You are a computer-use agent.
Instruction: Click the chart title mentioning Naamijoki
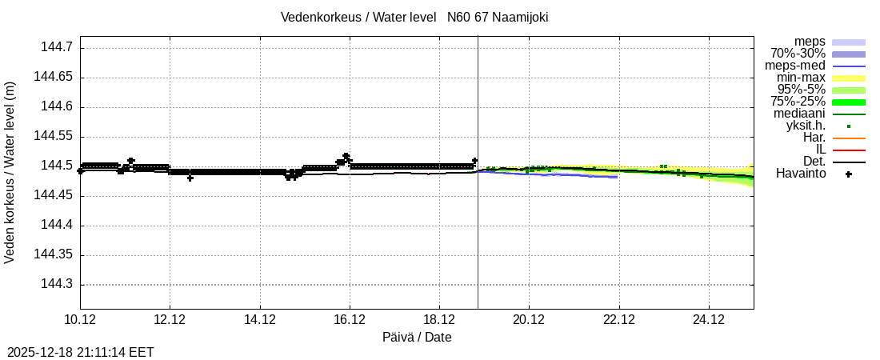click(414, 17)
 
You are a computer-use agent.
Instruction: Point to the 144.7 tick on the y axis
click(57, 48)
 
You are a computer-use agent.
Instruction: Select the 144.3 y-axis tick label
click(57, 284)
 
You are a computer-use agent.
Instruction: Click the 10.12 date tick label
click(79, 320)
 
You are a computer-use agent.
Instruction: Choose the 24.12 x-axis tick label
click(708, 320)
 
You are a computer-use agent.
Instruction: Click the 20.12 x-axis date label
click(528, 320)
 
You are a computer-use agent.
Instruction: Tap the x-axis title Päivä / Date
click(416, 338)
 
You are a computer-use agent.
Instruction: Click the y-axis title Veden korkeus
click(10, 172)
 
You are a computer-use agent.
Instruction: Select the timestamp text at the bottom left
click(80, 352)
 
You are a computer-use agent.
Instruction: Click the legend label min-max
click(801, 78)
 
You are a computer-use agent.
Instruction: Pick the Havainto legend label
click(801, 174)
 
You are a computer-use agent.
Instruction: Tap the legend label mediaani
click(798, 114)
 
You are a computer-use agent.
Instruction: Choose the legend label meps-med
click(795, 66)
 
